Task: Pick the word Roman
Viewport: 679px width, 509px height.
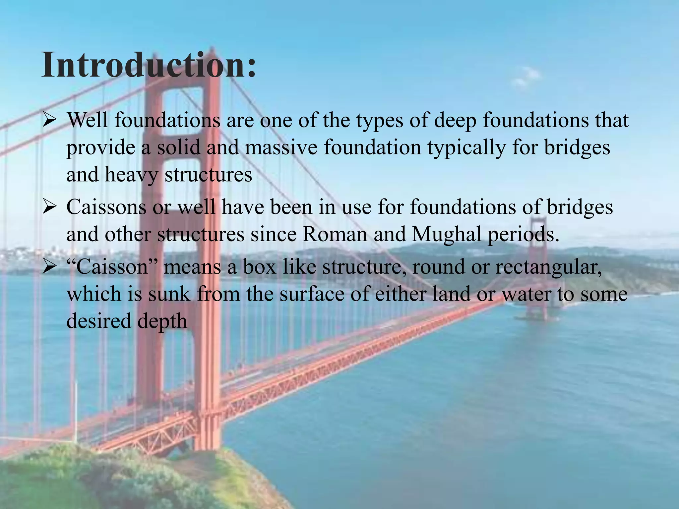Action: point(335,234)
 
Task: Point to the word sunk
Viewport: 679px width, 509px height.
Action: point(169,294)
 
